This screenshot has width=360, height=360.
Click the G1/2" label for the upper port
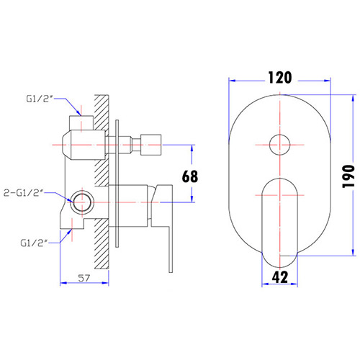tap(39, 102)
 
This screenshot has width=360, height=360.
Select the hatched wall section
tap(102, 180)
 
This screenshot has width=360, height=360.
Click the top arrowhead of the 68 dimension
tap(192, 147)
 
